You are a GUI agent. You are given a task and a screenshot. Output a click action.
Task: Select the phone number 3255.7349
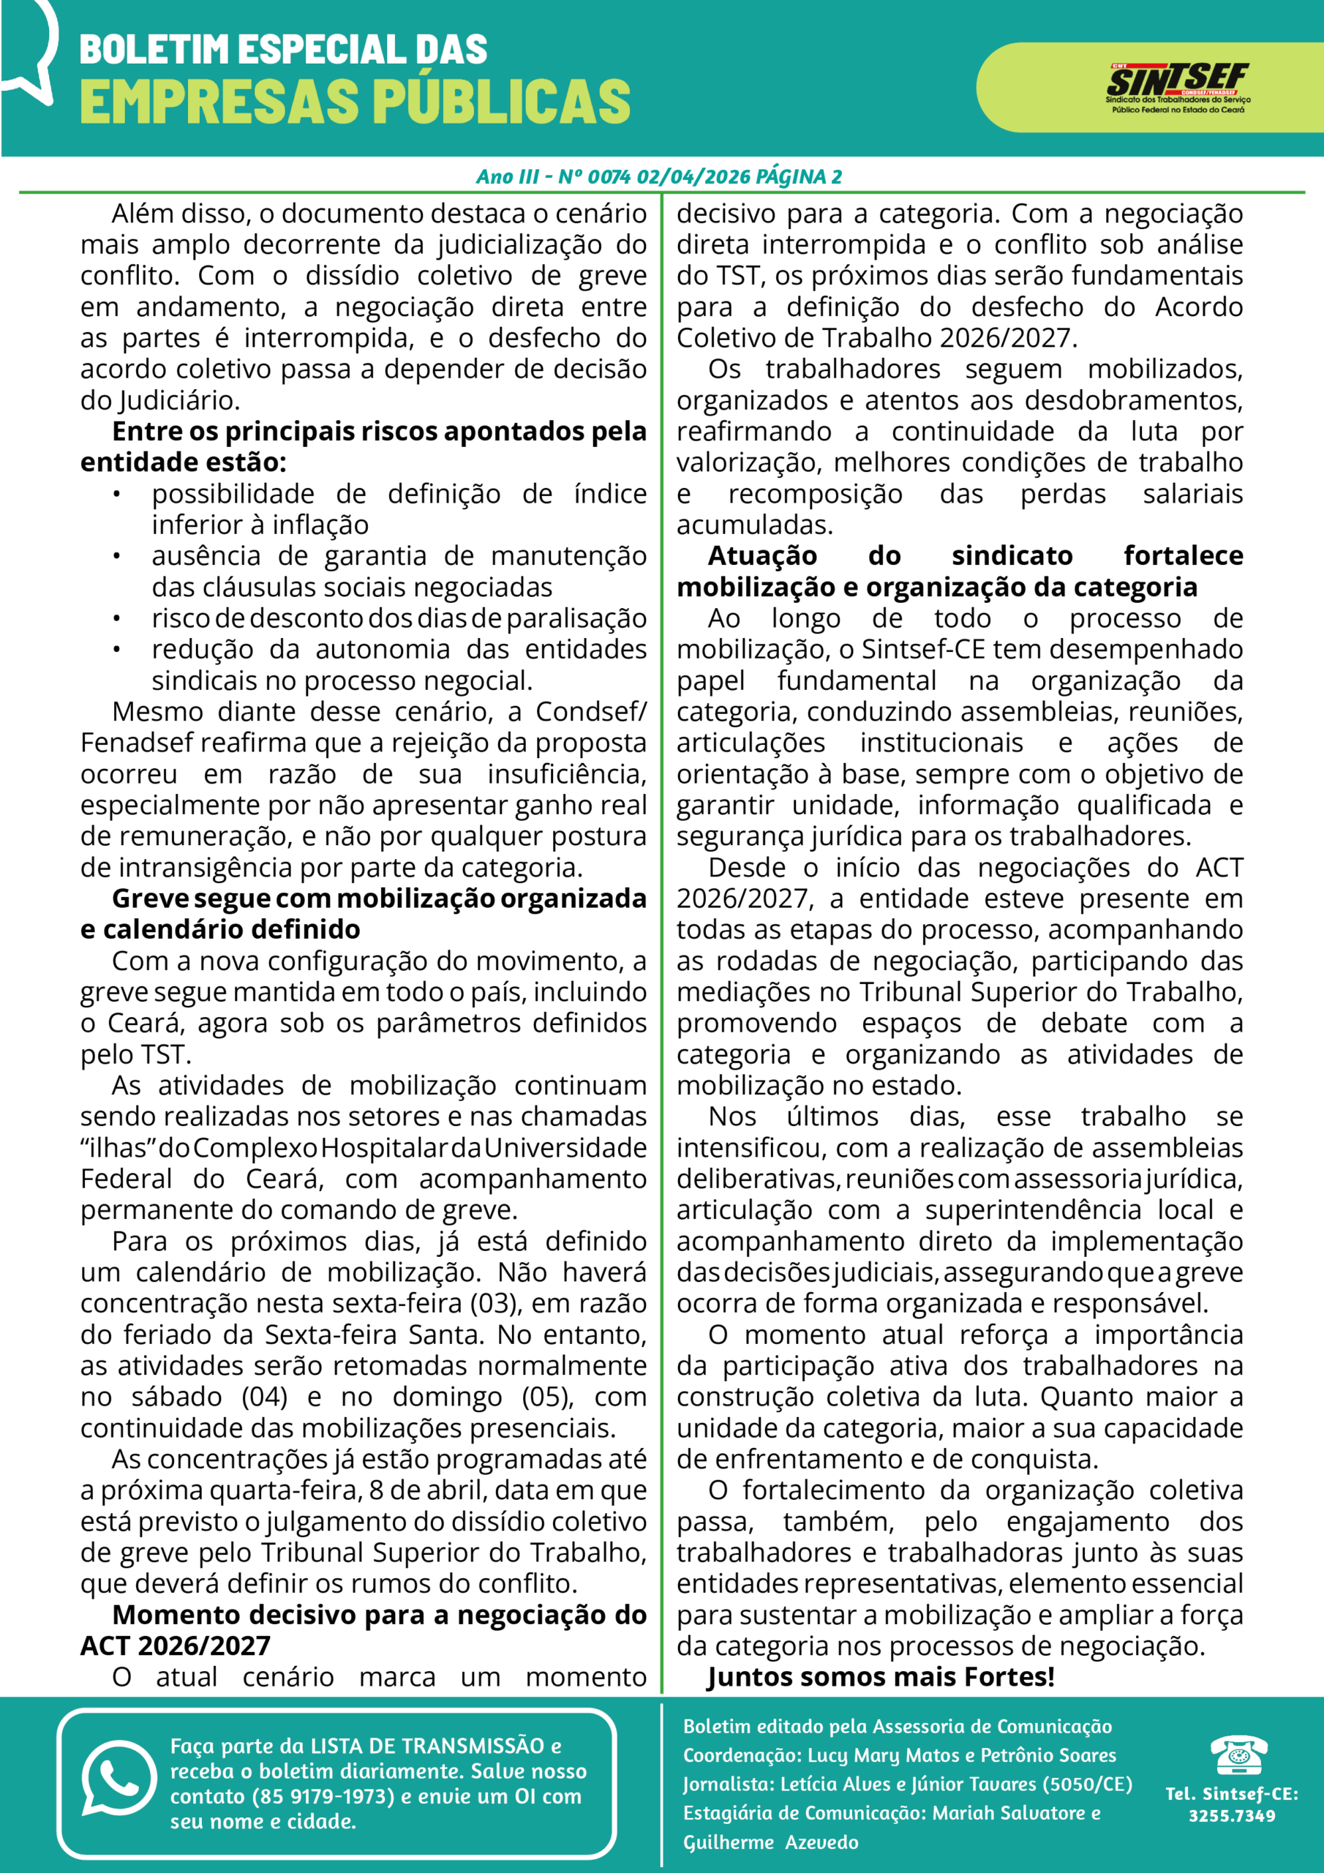coord(1232,1816)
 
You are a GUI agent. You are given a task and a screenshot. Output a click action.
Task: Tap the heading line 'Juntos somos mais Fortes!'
coord(881,1677)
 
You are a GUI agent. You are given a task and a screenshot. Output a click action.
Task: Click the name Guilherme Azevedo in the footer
coord(771,1842)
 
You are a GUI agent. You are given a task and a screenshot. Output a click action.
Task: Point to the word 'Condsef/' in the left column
coord(590,712)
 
